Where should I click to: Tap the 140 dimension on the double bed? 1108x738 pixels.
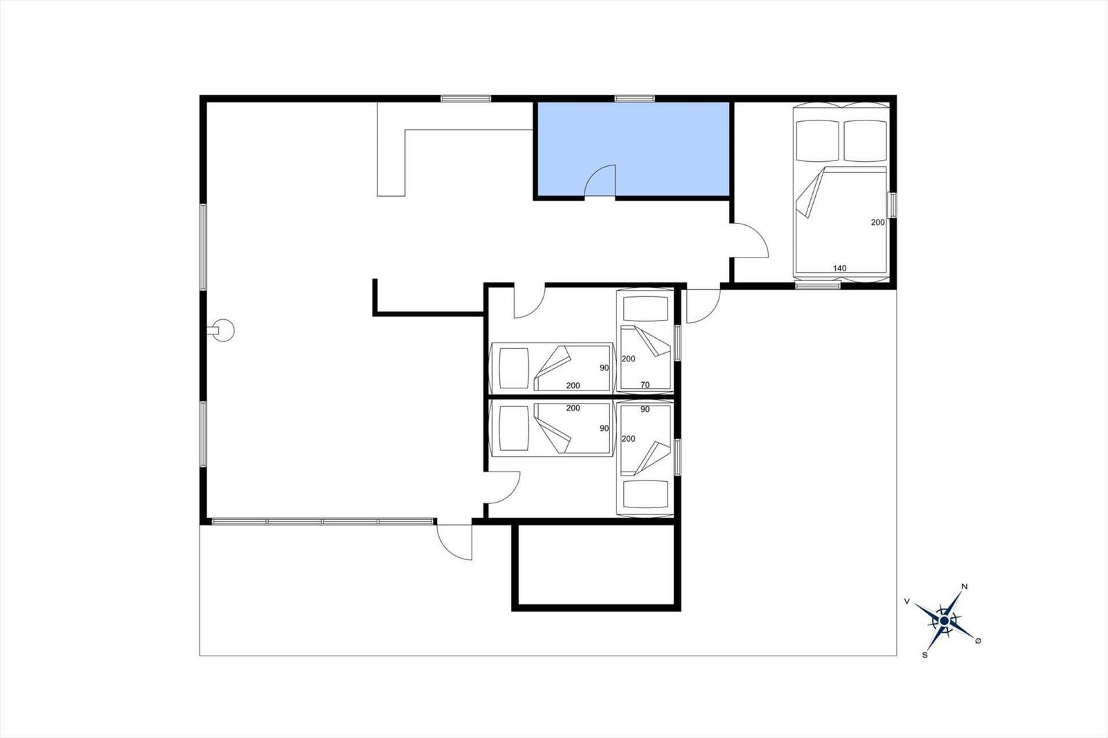coord(839,268)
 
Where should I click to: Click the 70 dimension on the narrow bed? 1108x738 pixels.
coord(645,385)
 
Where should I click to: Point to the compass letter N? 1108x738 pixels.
coord(964,586)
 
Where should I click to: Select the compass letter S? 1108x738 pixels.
coord(924,655)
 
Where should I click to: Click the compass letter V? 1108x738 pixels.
coord(906,601)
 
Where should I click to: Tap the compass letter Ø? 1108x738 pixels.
coord(978,641)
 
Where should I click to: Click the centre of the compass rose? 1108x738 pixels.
coord(945,621)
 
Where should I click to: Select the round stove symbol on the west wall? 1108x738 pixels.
coord(222,330)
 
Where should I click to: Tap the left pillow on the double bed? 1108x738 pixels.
coord(816,141)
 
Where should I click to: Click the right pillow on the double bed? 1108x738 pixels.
coord(865,141)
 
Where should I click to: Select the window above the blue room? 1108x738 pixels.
coord(634,98)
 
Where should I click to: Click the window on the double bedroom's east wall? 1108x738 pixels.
coord(893,205)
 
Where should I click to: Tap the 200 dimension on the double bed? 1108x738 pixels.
coord(877,223)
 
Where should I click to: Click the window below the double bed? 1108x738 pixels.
coord(818,285)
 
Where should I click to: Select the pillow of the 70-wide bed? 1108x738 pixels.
coord(645,309)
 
